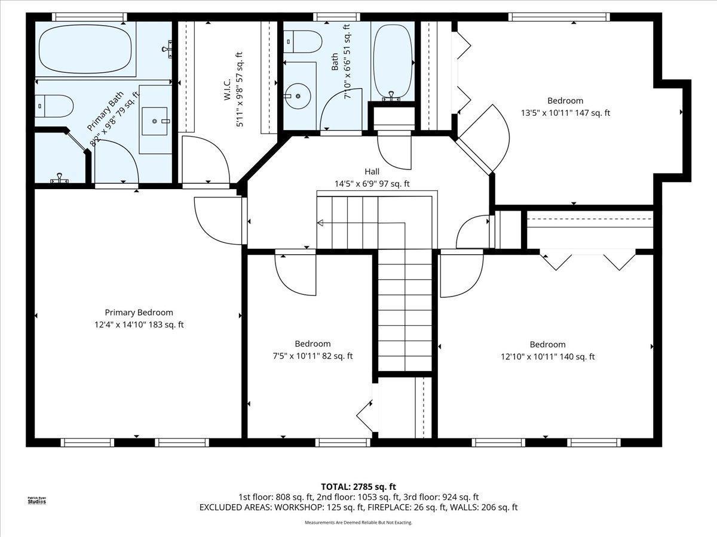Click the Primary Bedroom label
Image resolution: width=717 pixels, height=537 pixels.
tap(139, 313)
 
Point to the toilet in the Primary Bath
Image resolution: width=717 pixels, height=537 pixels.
tap(54, 106)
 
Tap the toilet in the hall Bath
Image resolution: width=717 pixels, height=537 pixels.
tap(305, 41)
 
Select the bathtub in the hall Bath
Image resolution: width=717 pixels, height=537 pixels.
tap(393, 62)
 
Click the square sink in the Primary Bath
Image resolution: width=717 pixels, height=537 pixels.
tap(155, 122)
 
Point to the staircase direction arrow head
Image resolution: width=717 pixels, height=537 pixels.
tap(320, 224)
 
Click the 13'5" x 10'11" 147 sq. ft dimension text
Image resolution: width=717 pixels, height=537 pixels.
tap(565, 113)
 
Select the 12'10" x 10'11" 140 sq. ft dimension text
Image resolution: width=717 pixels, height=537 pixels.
tap(547, 357)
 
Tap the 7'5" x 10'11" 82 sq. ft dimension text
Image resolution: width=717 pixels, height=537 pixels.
tap(312, 356)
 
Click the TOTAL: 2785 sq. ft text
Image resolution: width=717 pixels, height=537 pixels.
tap(358, 486)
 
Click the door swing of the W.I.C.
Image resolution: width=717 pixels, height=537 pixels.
tap(206, 159)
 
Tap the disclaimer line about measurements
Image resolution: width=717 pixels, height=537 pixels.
tap(358, 523)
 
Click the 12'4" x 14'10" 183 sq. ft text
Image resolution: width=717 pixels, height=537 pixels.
tap(139, 325)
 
